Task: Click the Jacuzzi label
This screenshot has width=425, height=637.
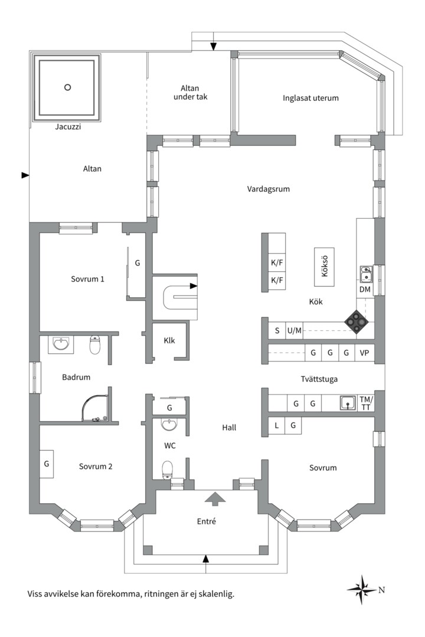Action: [x=68, y=126]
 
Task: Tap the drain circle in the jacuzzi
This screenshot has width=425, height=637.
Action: [x=68, y=87]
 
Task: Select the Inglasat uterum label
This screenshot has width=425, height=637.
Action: [x=310, y=98]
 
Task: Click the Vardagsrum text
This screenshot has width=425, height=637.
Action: [x=269, y=189]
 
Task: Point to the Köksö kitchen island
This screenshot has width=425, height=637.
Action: [x=324, y=267]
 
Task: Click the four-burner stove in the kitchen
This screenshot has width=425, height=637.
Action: [x=357, y=322]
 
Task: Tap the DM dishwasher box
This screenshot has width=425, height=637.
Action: [x=365, y=289]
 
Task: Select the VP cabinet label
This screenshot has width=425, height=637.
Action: [x=364, y=353]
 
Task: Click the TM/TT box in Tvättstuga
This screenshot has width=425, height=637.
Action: [x=366, y=403]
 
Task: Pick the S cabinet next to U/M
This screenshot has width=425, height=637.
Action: [x=277, y=330]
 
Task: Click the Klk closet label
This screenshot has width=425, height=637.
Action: [x=169, y=340]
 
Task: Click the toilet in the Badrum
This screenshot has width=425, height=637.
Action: [x=95, y=344]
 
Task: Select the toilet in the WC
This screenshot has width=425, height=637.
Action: [x=168, y=470]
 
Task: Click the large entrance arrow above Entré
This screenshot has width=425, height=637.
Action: [x=215, y=499]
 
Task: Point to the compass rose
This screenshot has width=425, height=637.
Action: [x=362, y=589]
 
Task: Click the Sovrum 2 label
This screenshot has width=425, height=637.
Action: [x=96, y=467]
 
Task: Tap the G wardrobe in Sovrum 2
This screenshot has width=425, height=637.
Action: [x=47, y=464]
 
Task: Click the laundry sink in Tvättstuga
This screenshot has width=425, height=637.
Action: [x=348, y=403]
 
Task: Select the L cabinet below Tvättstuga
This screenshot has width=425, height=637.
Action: [x=277, y=425]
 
